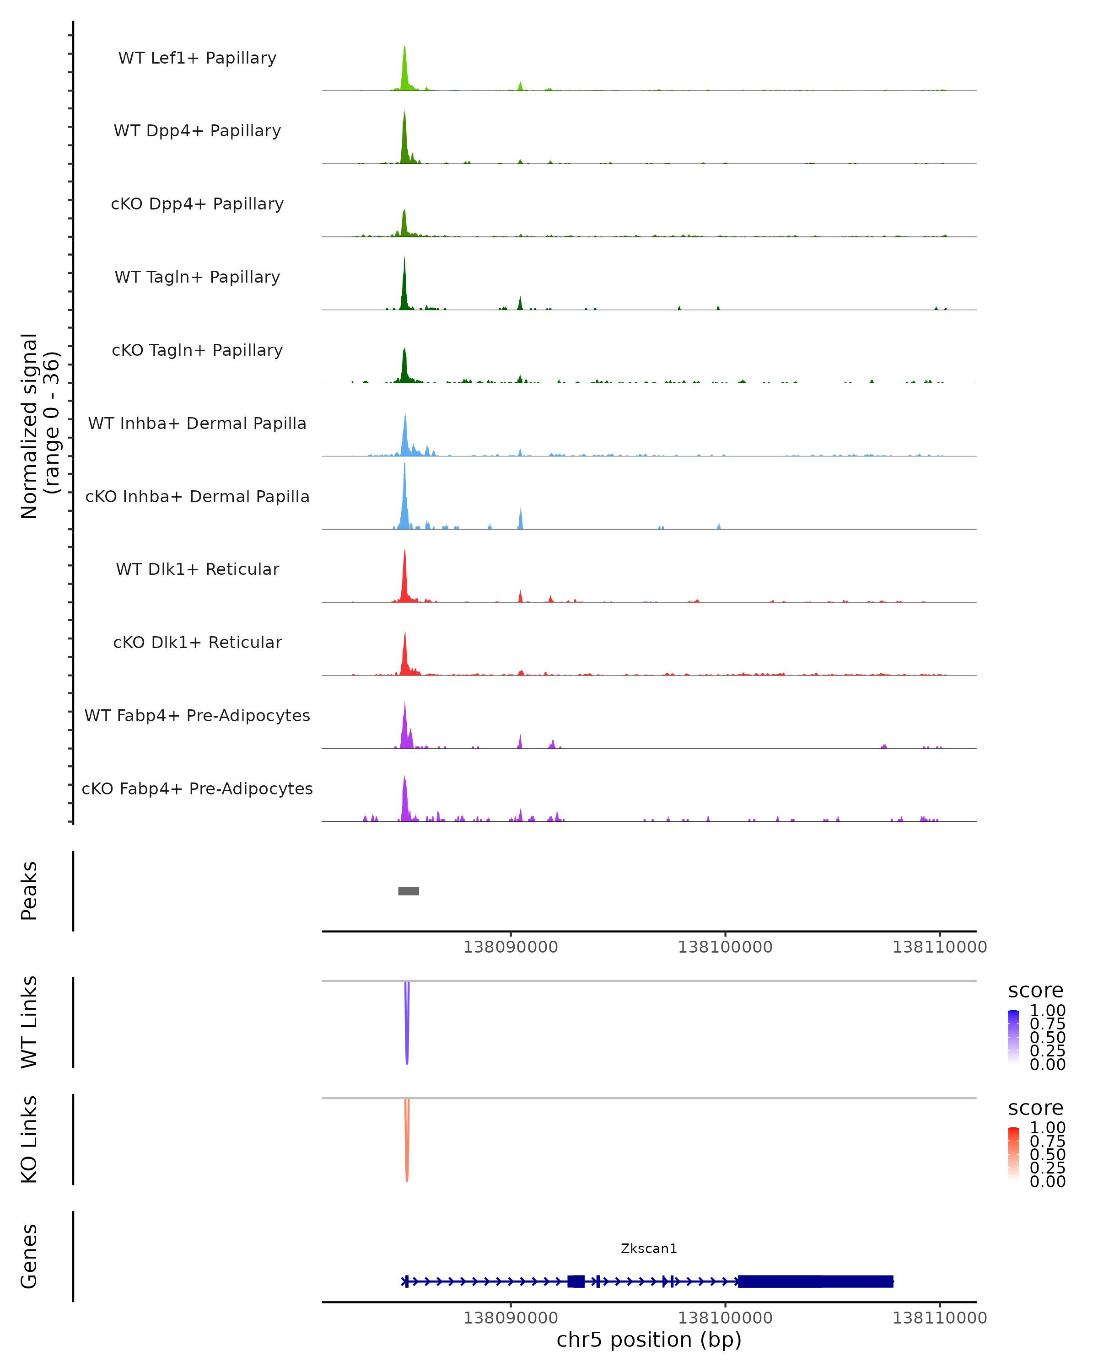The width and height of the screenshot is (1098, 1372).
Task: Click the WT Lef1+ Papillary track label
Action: coord(197,58)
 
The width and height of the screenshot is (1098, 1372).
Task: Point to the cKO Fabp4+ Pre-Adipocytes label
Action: coord(197,788)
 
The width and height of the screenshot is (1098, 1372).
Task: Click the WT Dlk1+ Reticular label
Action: coord(197,569)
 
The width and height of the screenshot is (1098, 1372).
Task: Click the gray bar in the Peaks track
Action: coord(409,891)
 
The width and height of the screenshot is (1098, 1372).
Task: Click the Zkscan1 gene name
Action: coord(649,1248)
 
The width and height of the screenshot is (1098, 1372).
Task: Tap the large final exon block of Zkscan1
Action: coord(815,1281)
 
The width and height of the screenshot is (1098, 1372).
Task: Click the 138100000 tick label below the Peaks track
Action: coord(725,947)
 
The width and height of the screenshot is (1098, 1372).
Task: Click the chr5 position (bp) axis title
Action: coord(649,1340)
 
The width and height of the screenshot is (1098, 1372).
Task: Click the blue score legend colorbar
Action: coord(1013,1037)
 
